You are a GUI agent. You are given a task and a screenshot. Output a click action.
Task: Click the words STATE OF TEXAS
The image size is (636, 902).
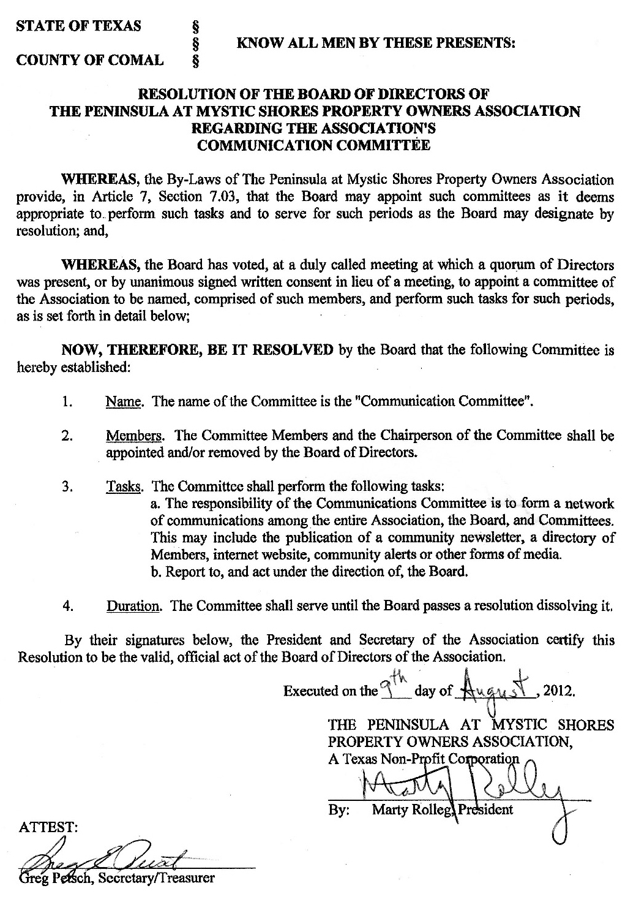(x=79, y=26)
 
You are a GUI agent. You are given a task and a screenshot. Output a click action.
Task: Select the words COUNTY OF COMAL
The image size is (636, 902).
(x=90, y=60)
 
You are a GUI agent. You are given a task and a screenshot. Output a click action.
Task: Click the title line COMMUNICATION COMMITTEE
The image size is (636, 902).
(x=314, y=145)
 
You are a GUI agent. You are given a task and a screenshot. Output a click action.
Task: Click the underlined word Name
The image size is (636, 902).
(x=124, y=402)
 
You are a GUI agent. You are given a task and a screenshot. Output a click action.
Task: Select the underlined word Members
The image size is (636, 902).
(x=135, y=436)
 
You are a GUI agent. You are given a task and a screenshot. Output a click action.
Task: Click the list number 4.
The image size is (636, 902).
(x=68, y=606)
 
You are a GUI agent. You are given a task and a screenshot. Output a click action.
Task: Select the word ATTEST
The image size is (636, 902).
(x=48, y=827)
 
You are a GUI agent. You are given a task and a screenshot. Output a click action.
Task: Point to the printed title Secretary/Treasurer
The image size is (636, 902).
(x=163, y=878)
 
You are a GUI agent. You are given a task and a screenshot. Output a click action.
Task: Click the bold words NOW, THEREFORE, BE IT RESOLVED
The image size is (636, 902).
(x=198, y=350)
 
